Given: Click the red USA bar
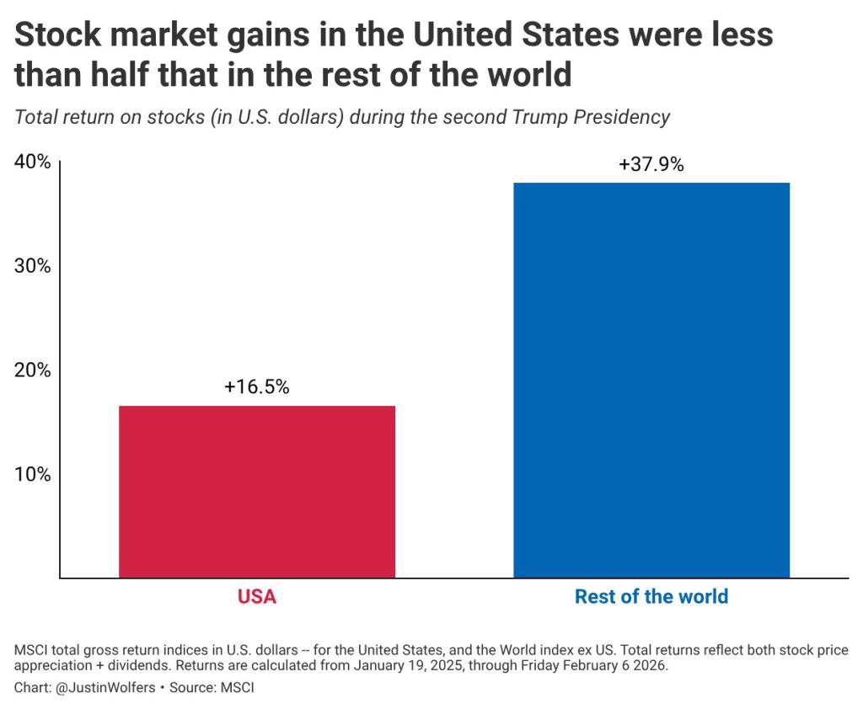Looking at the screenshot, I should pos(257,492).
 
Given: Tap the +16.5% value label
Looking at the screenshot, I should pos(257,387).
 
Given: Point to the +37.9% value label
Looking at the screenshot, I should pos(651,164).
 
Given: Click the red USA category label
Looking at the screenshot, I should pos(257,597).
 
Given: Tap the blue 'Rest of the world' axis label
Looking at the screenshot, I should pos(651,597).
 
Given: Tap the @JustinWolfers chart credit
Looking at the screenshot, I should pos(102,687).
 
